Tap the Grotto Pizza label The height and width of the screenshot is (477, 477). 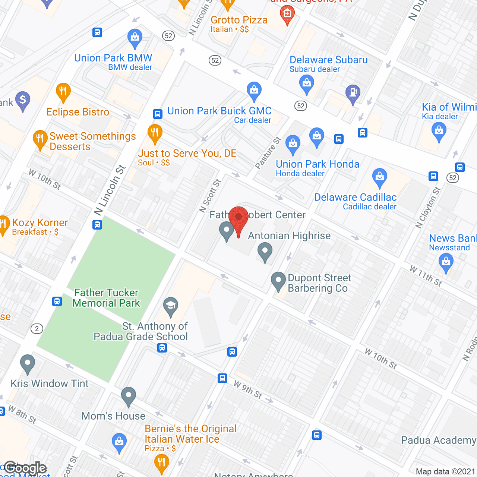239,20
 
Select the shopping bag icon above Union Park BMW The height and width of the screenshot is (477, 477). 135,38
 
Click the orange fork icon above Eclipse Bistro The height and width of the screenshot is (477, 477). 63,92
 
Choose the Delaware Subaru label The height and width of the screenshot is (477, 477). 328,60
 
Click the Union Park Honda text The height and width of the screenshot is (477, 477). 318,164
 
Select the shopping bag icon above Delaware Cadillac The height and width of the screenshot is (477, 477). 379,177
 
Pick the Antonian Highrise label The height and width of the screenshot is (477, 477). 289,236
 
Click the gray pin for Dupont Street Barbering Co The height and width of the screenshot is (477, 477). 278,281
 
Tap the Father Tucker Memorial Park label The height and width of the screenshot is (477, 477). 106,298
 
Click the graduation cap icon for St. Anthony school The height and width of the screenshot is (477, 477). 171,306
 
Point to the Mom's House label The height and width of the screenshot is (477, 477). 113,416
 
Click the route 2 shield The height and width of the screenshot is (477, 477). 37,329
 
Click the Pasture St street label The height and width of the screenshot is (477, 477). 268,153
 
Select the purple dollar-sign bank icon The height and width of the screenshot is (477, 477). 23,101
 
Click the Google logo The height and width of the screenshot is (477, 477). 25,468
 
